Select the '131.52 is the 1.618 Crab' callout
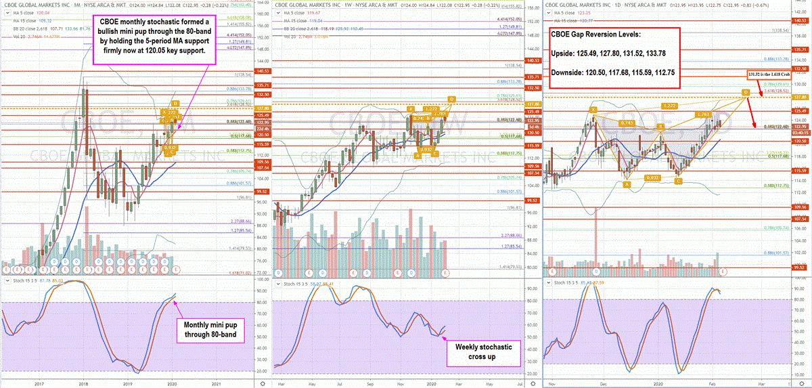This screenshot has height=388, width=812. coord(775,74)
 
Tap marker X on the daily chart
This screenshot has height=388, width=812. coord(593,109)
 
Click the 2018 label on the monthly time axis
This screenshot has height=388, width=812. coord(83,383)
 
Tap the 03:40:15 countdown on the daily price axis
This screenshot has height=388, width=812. coord(801,133)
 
